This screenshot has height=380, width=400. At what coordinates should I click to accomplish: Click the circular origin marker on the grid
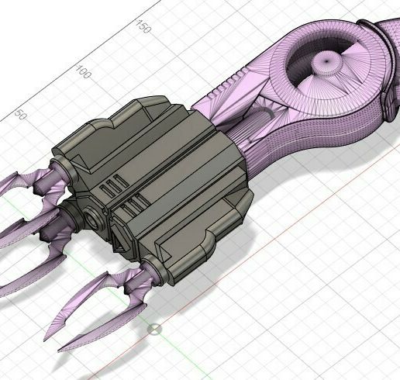click(154, 330)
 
